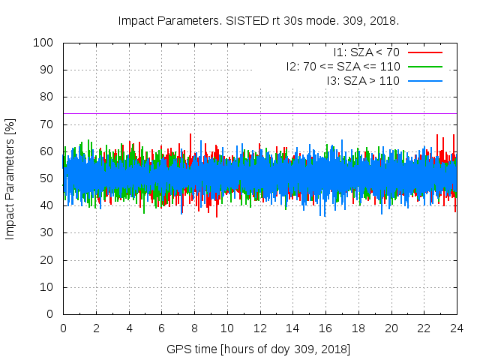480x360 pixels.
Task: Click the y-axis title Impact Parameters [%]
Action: [10, 178]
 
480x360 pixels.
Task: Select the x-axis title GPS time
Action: [259, 349]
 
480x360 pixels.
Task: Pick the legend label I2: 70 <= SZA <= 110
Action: [343, 66]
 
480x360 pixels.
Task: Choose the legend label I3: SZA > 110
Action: [363, 80]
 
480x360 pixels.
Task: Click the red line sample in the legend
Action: [424, 52]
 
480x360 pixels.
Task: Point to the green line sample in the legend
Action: [424, 66]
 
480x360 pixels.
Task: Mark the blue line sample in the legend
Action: [424, 80]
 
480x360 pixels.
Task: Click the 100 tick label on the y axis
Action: [43, 43]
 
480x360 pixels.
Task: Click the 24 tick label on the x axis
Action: [457, 328]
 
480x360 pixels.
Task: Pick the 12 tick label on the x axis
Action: [260, 328]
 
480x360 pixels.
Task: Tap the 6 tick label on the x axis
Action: [162, 328]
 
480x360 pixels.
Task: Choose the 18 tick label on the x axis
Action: [358, 328]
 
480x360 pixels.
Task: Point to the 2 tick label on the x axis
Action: [96, 328]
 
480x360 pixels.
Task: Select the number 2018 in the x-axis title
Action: [335, 349]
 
